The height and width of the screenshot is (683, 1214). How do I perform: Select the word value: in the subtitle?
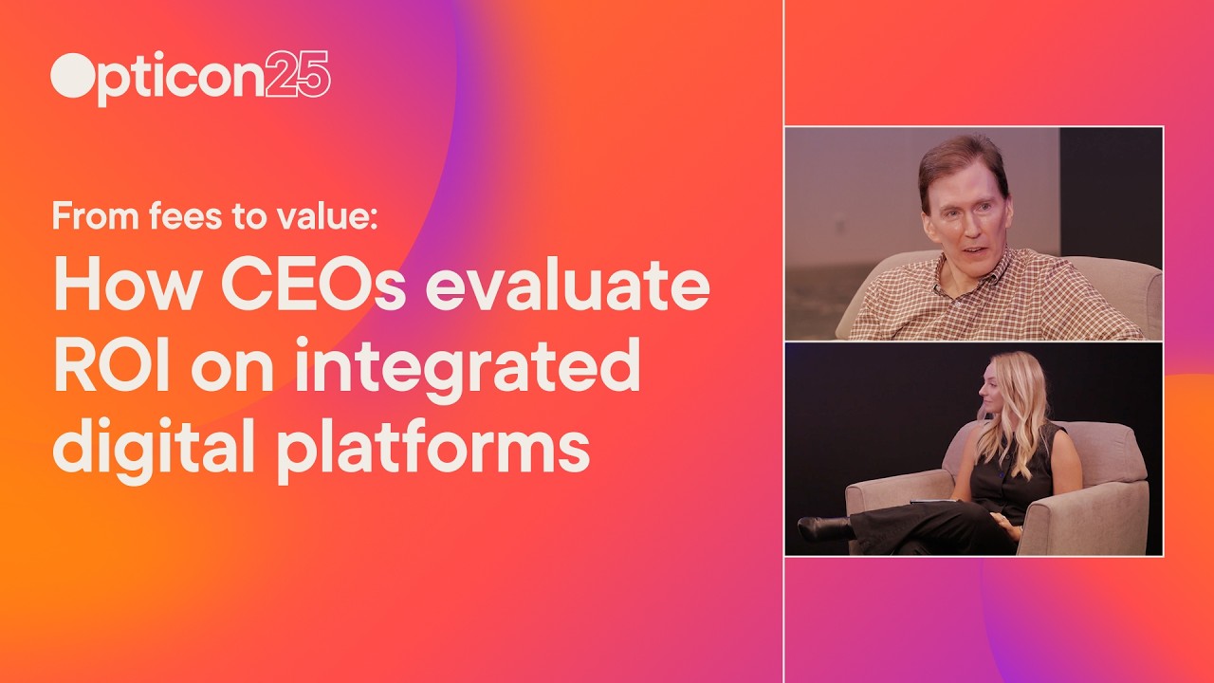(327, 217)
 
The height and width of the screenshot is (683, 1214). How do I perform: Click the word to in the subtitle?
(246, 217)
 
